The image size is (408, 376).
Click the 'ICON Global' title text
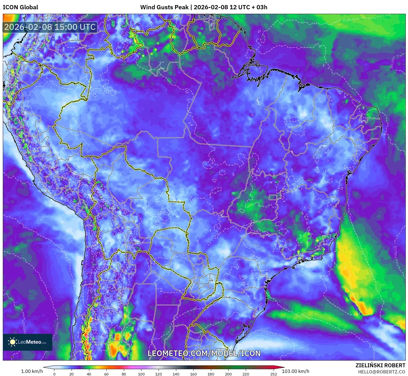tap(20, 7)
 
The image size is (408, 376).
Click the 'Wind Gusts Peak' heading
tap(164, 7)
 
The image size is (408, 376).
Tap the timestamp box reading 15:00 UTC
tap(50, 27)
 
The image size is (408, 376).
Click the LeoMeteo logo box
tap(28, 342)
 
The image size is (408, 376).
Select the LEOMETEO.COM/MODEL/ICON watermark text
tap(204, 353)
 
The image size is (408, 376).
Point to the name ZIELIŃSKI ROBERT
tap(380, 365)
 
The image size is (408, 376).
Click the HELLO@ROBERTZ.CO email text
tap(382, 372)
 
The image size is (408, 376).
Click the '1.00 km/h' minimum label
tap(32, 371)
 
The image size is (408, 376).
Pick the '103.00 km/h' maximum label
tap(295, 371)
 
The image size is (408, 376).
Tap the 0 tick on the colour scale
tap(54, 374)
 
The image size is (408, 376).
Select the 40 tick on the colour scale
tap(89, 374)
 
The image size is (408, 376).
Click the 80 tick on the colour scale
tap(124, 374)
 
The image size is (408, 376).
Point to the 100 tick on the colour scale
tap(141, 374)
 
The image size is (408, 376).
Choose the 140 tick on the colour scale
tap(176, 374)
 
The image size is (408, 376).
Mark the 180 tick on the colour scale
tap(211, 374)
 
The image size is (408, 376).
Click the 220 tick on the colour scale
tap(246, 374)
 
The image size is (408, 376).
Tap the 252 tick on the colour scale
tap(274, 374)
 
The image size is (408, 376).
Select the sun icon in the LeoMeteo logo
tap(12, 342)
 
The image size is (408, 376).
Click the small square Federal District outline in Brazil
tap(273, 197)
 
